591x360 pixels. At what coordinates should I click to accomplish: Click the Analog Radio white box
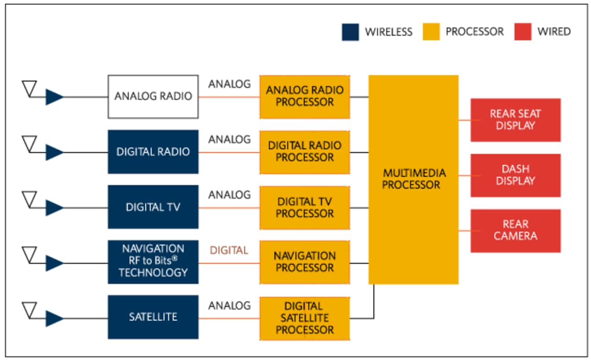(x=153, y=97)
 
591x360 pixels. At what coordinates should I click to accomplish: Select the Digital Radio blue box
(x=153, y=152)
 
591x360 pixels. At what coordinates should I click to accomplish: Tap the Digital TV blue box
(x=153, y=207)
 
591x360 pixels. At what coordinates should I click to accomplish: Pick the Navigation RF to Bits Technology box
(x=153, y=261)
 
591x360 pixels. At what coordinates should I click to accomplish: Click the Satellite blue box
(x=153, y=317)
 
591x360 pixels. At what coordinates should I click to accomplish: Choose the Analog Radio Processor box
(x=305, y=97)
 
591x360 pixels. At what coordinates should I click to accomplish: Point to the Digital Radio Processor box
(x=305, y=152)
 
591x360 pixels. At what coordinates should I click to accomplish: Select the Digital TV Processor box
(x=305, y=207)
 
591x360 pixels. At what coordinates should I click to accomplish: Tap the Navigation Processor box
(x=305, y=262)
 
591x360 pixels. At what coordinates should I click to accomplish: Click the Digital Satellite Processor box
(x=305, y=318)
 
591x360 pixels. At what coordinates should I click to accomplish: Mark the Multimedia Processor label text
(x=414, y=179)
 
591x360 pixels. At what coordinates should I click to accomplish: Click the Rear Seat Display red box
(x=515, y=120)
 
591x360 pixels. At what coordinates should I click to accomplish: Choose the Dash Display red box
(x=515, y=175)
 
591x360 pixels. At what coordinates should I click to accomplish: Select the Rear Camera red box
(x=515, y=231)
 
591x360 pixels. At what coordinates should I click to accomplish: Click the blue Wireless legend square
(x=350, y=32)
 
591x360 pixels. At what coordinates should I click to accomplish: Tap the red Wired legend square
(x=522, y=32)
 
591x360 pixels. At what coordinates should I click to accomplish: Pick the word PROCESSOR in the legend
(x=475, y=32)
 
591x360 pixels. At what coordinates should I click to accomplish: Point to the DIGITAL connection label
(x=229, y=251)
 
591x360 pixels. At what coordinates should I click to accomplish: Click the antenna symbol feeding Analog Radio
(x=30, y=89)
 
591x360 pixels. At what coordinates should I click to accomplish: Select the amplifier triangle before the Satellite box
(x=54, y=319)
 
